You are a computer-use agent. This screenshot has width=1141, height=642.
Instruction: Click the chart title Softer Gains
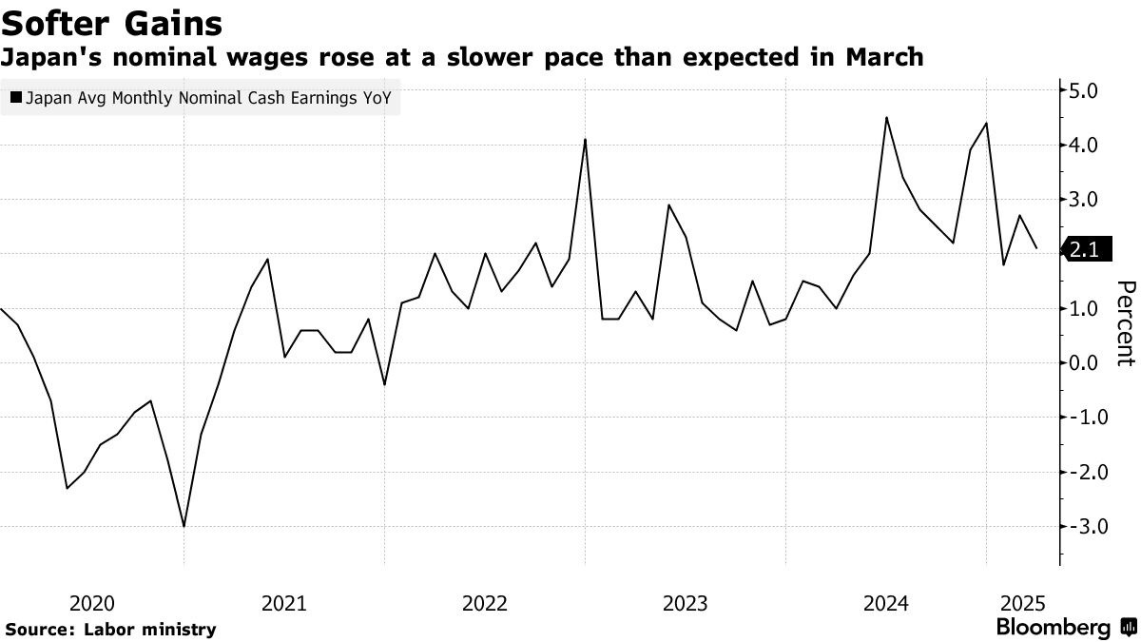pyautogui.click(x=113, y=22)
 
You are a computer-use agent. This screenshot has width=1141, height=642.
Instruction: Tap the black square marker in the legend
pyautogui.click(x=14, y=97)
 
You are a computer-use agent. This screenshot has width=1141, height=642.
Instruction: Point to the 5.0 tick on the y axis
pyautogui.click(x=1085, y=91)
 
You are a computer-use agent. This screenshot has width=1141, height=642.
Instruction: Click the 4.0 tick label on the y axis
pyautogui.click(x=1085, y=146)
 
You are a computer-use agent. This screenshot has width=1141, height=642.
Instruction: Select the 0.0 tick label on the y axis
pyautogui.click(x=1085, y=363)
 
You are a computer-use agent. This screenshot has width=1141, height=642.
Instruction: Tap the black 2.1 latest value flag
pyautogui.click(x=1083, y=250)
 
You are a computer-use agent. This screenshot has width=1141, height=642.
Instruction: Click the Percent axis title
pyautogui.click(x=1126, y=323)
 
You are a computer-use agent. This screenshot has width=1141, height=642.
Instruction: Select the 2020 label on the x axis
pyautogui.click(x=92, y=603)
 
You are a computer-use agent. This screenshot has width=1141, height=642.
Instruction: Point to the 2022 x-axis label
pyautogui.click(x=484, y=603)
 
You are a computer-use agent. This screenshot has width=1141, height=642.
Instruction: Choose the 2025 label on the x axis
pyautogui.click(x=1023, y=603)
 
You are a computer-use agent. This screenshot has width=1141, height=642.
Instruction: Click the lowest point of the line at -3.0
pyautogui.click(x=184, y=526)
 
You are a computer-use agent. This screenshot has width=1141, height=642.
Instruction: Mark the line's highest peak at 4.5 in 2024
pyautogui.click(x=886, y=118)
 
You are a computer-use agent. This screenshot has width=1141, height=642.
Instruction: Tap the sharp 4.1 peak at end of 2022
pyautogui.click(x=585, y=140)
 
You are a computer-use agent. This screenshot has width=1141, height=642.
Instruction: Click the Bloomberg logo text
pyautogui.click(x=1053, y=628)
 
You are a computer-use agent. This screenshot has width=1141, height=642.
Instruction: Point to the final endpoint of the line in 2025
pyautogui.click(x=1035, y=248)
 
